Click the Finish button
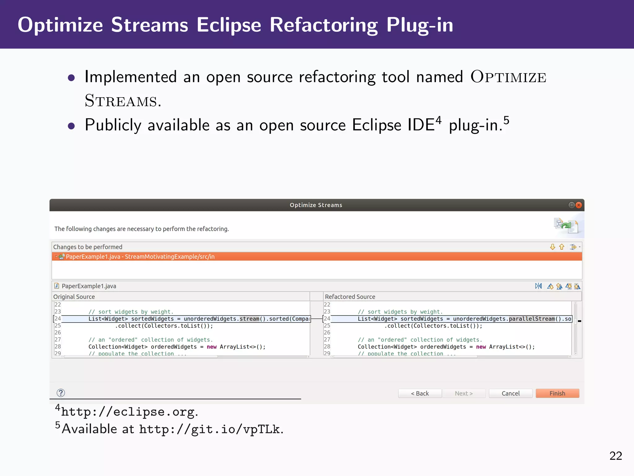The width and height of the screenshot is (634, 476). tap(557, 393)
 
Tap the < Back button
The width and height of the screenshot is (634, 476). tap(420, 393)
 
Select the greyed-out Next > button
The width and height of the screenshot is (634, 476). tap(464, 393)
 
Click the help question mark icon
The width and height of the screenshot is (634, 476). tap(61, 393)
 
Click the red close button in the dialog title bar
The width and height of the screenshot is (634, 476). tap(579, 205)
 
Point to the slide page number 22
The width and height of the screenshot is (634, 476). tap(615, 456)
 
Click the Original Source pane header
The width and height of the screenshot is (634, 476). tap(74, 297)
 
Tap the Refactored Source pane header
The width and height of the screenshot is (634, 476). tap(350, 297)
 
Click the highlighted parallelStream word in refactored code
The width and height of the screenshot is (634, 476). tap(532, 319)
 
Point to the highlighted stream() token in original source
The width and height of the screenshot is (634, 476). tap(250, 319)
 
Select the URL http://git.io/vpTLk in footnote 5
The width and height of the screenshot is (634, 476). tap(209, 429)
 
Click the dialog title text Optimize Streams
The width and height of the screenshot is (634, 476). tap(316, 205)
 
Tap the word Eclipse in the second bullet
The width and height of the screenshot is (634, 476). tap(376, 125)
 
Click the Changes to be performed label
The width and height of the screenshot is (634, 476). tap(88, 247)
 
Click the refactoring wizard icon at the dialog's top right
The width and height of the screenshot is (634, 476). tap(566, 225)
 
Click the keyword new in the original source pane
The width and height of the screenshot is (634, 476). tap(211, 347)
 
